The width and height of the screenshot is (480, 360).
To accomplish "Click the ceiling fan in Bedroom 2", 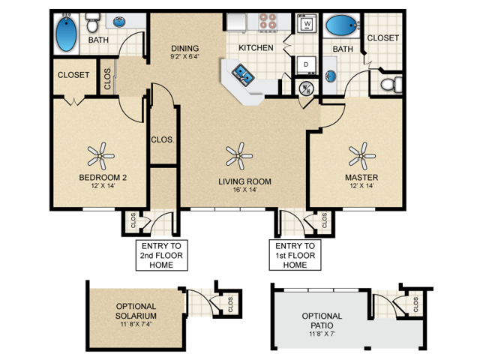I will coord(100,156).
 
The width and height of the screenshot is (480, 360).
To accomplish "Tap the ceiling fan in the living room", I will coord(238,156).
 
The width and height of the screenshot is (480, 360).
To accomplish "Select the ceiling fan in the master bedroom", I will coord(361,156).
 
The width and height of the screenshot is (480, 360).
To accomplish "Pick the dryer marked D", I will coord(306,65).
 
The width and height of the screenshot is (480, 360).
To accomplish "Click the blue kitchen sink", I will coord(244,73).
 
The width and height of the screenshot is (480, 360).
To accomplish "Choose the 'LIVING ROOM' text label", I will coord(244,181).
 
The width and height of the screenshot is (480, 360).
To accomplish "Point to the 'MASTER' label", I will coord(361,178).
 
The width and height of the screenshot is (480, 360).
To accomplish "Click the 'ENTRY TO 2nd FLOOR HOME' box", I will coord(160,255).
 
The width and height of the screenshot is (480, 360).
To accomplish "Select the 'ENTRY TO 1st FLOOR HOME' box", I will coord(295,255).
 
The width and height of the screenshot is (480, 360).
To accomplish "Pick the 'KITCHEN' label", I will coord(256,47).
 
